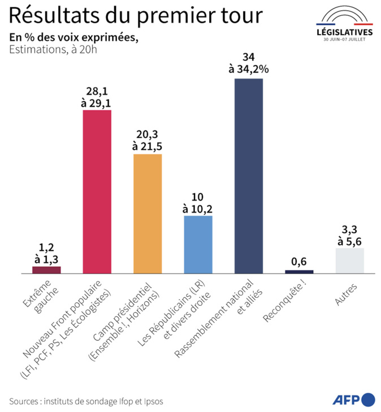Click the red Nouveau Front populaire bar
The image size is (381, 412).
(97, 192)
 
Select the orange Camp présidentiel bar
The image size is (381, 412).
(147, 214)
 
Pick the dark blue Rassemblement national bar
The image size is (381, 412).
(248, 176)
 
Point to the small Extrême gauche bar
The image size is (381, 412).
(46, 270)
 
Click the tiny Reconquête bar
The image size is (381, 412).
(299, 272)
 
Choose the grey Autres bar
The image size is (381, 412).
(349, 261)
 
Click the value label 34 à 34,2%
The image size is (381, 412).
(248, 64)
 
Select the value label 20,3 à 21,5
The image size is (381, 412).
(147, 140)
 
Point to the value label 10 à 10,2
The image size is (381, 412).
(198, 202)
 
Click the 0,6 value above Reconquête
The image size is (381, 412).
(299, 261)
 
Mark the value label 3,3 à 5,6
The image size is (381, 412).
(349, 234)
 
